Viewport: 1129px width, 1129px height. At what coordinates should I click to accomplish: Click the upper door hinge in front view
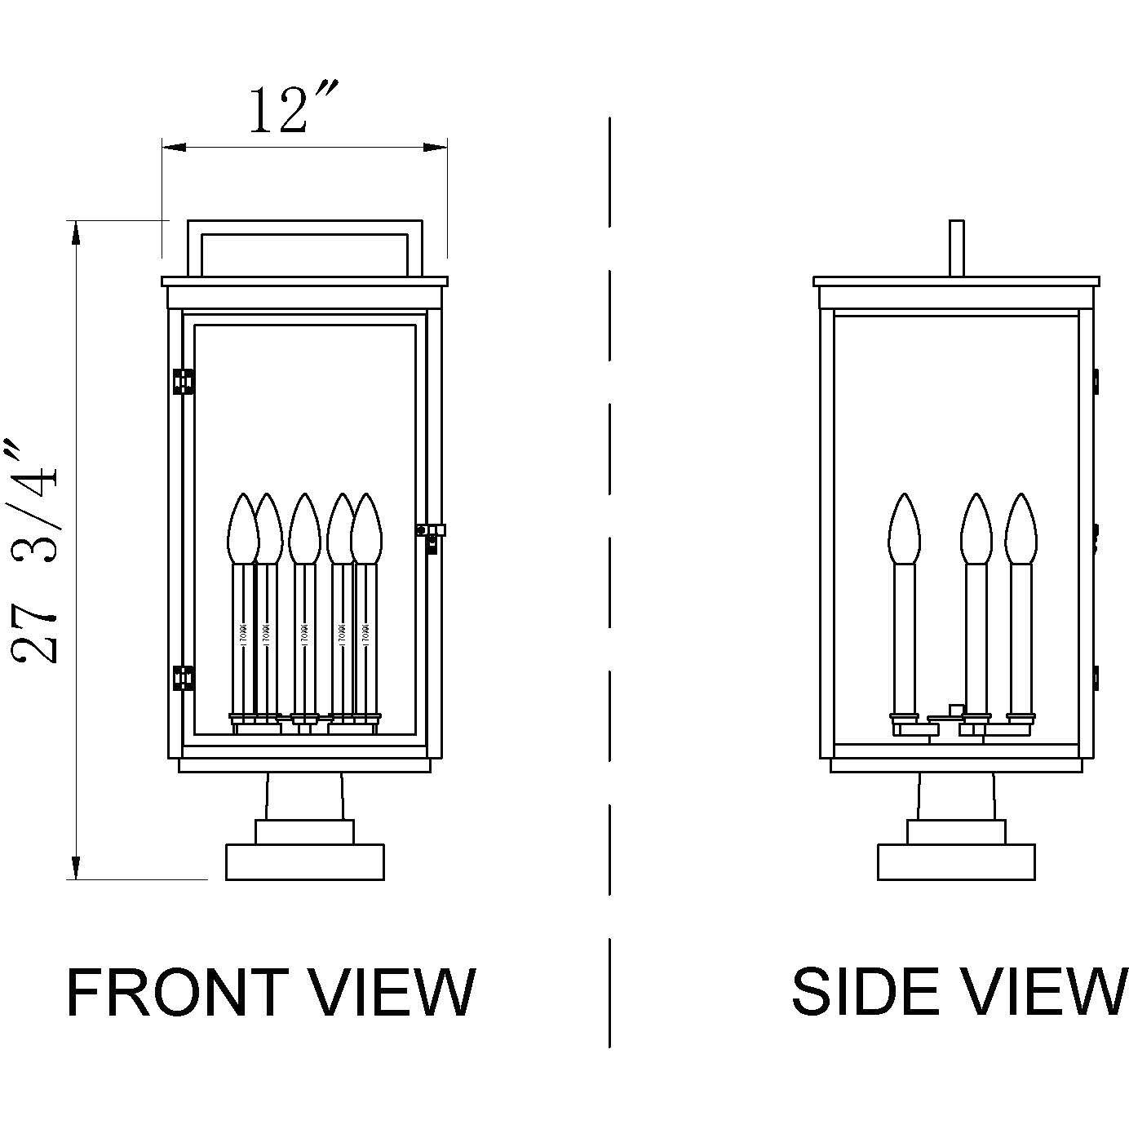point(184,382)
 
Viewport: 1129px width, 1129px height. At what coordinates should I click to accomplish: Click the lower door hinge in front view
point(184,678)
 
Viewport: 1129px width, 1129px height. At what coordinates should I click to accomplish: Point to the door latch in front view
point(431,534)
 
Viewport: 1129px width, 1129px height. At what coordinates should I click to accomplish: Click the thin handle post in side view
point(958,248)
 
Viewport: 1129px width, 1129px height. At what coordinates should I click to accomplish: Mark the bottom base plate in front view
point(304,862)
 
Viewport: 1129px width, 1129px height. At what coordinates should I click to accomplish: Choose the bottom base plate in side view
point(956,862)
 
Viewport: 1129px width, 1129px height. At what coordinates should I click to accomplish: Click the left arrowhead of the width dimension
point(173,148)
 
